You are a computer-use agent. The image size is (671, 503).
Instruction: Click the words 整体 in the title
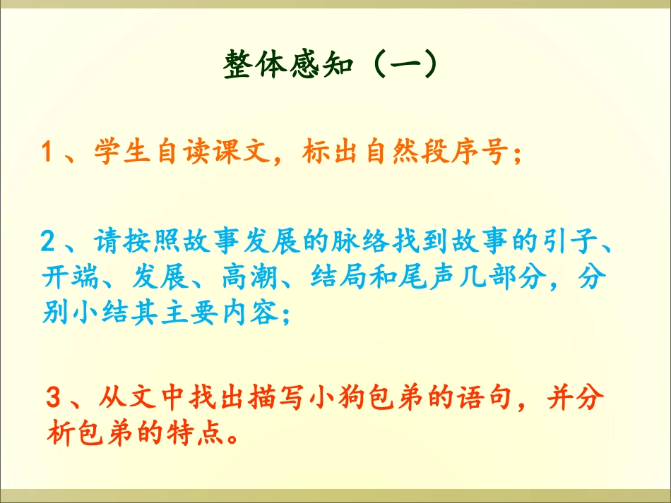(256, 68)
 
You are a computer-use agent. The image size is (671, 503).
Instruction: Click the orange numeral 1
(48, 153)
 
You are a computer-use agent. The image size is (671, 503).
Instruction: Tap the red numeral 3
(53, 399)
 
